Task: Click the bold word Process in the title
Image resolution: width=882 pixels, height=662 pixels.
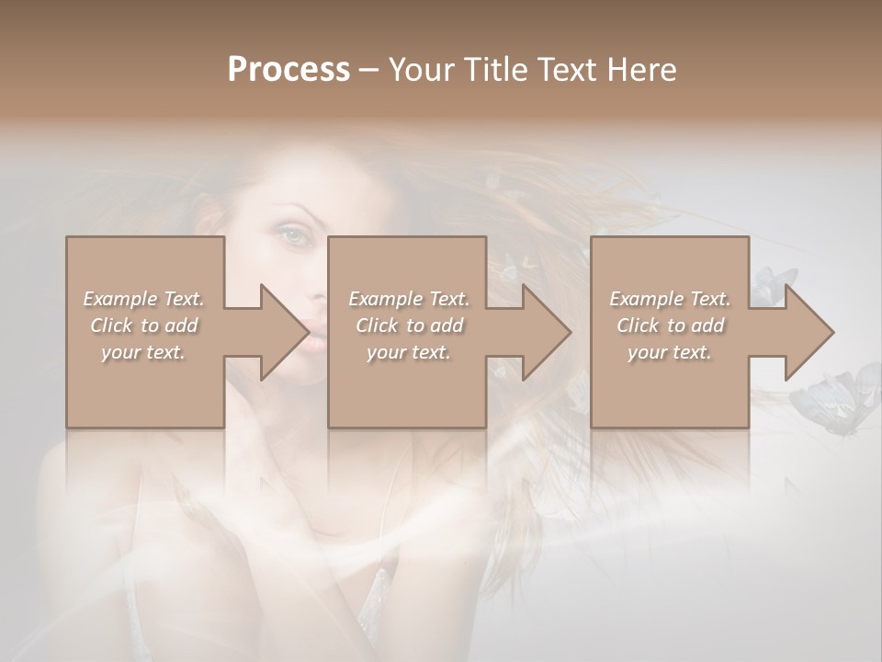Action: [288, 70]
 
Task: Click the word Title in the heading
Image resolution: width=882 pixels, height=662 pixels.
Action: [492, 70]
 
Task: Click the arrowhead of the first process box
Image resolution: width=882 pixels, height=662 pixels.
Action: [285, 332]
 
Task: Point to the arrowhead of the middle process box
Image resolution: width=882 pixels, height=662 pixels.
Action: [547, 332]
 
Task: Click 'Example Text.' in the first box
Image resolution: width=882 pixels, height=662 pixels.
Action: [143, 299]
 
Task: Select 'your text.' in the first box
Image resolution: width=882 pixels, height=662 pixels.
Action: [143, 352]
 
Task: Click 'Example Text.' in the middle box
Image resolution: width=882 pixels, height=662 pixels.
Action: [409, 299]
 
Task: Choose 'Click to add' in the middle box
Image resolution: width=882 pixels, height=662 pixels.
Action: [409, 325]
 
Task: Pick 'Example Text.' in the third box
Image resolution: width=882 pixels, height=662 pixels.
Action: [670, 299]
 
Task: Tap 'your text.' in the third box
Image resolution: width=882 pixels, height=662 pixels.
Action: [670, 352]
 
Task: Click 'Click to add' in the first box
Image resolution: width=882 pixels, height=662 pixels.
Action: [143, 325]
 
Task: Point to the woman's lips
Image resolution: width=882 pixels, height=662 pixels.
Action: [312, 337]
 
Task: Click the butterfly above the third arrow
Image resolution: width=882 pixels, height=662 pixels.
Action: [770, 284]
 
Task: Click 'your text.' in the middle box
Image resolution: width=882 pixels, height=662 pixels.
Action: [409, 352]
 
